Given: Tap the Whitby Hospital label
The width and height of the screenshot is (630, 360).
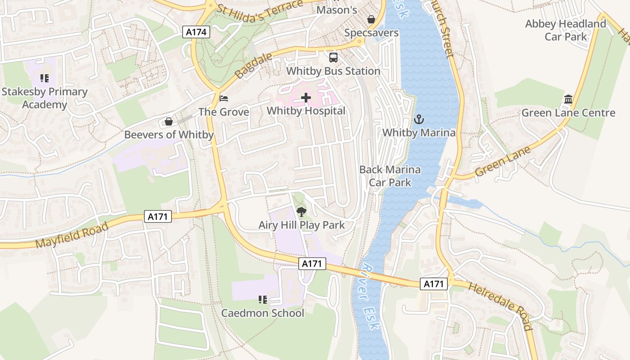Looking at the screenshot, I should click(306, 111).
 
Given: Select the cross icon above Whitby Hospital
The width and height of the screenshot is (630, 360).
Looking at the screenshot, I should click(306, 97).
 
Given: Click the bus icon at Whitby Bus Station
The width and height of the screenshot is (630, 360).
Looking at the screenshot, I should click(333, 58).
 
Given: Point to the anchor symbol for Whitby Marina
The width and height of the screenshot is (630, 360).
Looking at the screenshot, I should click(419, 119).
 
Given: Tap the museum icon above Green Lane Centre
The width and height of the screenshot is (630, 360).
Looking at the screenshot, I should click(568, 99).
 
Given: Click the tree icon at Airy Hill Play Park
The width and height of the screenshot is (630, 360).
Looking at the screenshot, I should click(301, 211).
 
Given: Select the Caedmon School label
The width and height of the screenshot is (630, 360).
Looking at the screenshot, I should click(262, 313).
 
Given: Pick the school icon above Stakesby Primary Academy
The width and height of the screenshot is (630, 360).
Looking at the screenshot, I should click(44, 78).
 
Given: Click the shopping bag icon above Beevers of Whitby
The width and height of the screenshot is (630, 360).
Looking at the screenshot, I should click(168, 121).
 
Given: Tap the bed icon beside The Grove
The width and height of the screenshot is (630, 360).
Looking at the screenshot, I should click(224, 98).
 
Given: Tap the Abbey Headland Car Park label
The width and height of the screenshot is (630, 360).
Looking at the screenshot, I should click(566, 30).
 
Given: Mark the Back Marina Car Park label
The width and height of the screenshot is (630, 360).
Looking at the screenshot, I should click(390, 176).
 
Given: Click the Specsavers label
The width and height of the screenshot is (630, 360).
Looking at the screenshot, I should click(371, 33).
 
